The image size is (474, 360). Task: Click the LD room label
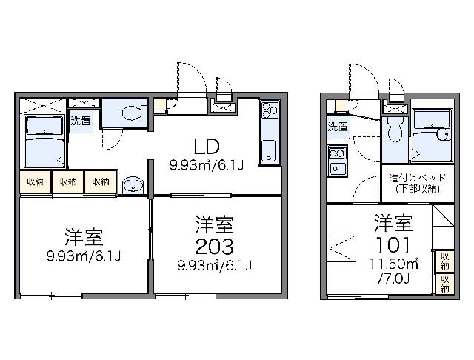207,147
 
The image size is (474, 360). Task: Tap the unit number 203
214,247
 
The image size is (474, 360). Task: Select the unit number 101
393,244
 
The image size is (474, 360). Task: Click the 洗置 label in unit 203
81,121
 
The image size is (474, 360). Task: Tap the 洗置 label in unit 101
338,127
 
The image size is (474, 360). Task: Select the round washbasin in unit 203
133,184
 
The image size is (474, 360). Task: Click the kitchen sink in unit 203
269,151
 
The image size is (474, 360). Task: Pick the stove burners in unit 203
270,110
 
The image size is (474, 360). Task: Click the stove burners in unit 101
337,153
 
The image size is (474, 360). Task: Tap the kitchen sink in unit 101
338,168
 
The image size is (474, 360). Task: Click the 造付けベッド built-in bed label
418,178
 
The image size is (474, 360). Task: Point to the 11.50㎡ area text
394,264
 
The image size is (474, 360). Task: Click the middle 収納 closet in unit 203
68,182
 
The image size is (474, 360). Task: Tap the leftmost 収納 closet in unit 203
35,182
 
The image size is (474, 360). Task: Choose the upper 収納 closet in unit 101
444,261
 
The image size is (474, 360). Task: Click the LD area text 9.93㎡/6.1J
207,165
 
